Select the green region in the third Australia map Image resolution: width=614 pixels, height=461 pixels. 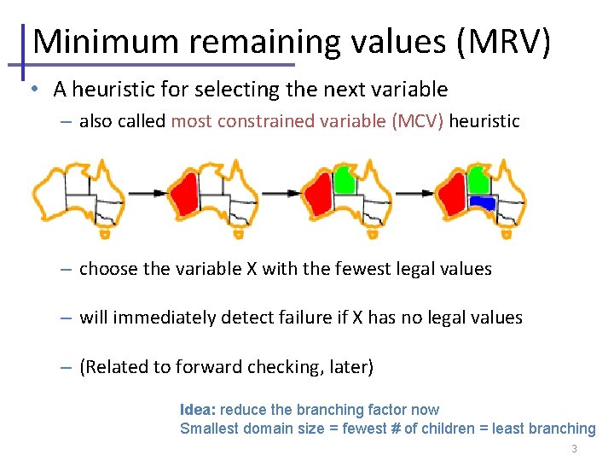click(x=345, y=179)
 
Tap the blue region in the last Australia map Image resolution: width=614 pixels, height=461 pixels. click(x=482, y=203)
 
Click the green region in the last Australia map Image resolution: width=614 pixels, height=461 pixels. click(x=479, y=179)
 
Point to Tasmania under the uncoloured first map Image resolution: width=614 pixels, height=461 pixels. click(x=104, y=233)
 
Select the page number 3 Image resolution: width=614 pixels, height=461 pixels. click(x=575, y=449)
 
